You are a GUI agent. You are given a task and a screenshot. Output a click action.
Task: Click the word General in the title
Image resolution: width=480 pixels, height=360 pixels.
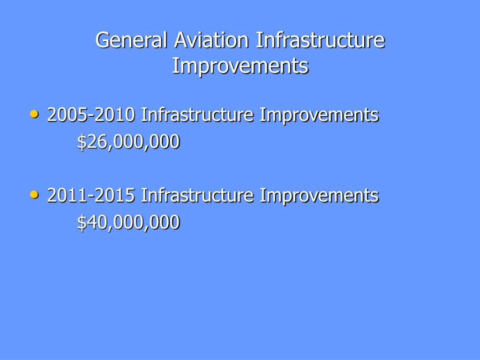pos(132,40)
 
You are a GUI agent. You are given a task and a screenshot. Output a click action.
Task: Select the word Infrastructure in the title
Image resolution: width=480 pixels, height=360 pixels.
pos(320,40)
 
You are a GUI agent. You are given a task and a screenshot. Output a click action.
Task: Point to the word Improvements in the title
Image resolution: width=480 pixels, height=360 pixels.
pos(240,66)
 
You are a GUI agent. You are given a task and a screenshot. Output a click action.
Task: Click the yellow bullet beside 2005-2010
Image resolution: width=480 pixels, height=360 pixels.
pos(35,114)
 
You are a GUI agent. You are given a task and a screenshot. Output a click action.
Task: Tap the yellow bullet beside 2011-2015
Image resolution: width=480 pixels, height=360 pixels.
pos(35,195)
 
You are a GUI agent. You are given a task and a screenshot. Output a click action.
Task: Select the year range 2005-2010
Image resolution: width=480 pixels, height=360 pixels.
pos(91,115)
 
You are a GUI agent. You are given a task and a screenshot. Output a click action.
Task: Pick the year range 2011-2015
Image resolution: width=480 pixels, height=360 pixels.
pos(91,195)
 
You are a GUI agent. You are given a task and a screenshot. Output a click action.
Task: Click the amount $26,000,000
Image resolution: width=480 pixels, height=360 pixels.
pos(128,142)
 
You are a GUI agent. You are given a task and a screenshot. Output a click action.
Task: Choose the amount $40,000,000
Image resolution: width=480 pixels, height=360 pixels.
pos(128,222)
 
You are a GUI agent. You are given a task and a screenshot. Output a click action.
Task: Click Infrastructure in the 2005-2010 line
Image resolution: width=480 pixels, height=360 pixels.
pos(197,115)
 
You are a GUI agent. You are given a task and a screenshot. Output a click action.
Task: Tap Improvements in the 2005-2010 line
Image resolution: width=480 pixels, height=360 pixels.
pos(319,116)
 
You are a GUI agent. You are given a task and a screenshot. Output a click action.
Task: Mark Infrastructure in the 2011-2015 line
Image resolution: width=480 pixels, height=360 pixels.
pos(197,195)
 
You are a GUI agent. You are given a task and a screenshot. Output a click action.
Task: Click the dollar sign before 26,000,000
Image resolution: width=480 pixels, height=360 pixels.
pos(82,142)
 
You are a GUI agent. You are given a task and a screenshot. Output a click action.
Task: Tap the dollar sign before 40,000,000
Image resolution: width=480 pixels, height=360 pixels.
pos(82,222)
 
